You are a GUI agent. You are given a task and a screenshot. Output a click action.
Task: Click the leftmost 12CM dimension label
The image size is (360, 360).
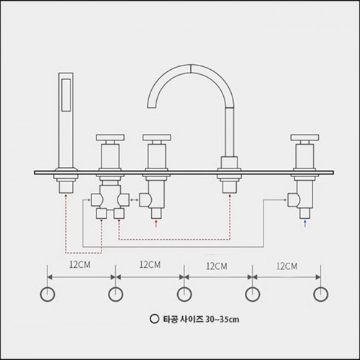(80, 265)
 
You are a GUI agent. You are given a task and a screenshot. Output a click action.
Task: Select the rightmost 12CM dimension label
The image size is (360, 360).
(287, 266)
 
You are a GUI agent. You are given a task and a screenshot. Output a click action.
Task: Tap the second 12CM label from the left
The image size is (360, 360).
(150, 265)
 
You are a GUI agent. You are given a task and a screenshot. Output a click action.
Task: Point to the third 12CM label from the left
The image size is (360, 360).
(217, 266)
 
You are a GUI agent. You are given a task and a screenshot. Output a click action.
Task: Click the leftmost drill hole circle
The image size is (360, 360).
(48, 294)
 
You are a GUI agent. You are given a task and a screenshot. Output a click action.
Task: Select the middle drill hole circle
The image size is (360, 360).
(184, 294)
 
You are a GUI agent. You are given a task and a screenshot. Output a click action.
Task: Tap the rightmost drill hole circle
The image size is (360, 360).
(321, 294)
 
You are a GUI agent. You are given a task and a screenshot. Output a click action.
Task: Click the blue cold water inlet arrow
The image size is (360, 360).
(305, 223)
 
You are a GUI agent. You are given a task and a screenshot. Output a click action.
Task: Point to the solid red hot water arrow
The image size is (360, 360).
(156, 223)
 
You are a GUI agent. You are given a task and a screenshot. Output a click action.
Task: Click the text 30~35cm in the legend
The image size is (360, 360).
(222, 320)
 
